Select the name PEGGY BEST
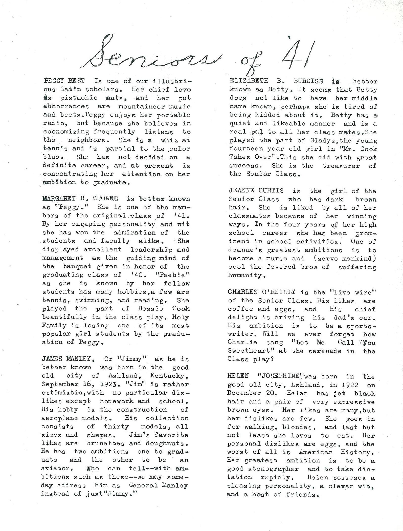(64, 81)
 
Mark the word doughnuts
(167, 443)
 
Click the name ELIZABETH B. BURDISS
(276, 81)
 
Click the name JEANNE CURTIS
(256, 191)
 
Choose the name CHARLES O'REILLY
(262, 292)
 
